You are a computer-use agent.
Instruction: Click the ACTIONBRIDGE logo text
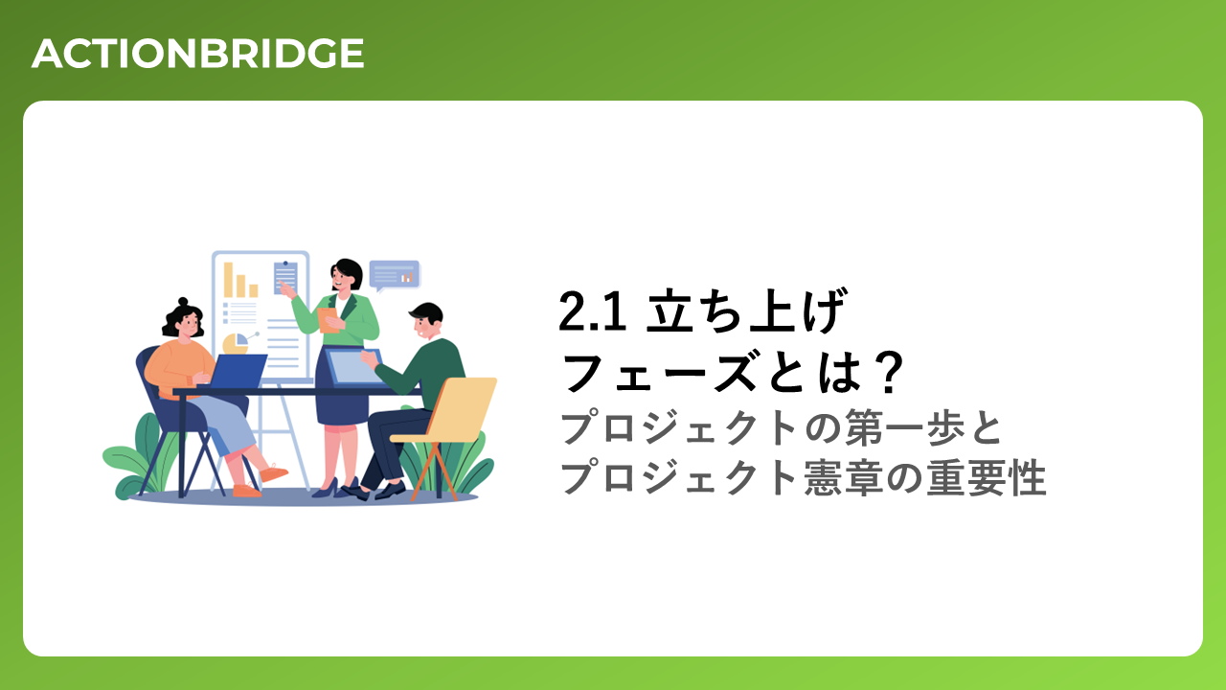pyautogui.click(x=197, y=53)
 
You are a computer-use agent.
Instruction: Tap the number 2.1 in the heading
pyautogui.click(x=592, y=311)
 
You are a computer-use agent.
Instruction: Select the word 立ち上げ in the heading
pyautogui.click(x=746, y=310)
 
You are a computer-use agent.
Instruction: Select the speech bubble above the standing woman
pyautogui.click(x=394, y=276)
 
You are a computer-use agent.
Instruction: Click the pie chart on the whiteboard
pyautogui.click(x=236, y=344)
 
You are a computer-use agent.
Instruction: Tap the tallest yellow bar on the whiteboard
pyautogui.click(x=228, y=280)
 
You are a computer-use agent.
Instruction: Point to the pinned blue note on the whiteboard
pyautogui.click(x=285, y=278)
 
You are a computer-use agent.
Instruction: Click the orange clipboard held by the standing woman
pyautogui.click(x=328, y=320)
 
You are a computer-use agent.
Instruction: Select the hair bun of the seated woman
pyautogui.click(x=183, y=302)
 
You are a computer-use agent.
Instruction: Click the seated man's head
pyautogui.click(x=426, y=321)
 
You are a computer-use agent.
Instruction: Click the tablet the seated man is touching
pyautogui.click(x=354, y=367)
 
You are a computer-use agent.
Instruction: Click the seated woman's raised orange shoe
pyautogui.click(x=273, y=472)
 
